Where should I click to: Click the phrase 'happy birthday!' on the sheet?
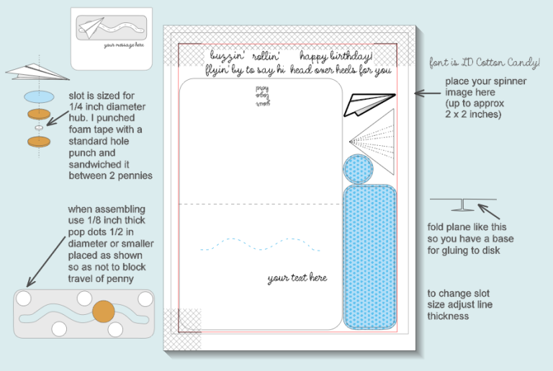point(336,56)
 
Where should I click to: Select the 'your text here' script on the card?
point(297,278)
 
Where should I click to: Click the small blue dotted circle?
point(358,169)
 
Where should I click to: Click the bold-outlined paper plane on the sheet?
point(369,104)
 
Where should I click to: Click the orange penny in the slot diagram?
point(104,312)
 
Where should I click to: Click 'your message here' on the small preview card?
point(124,45)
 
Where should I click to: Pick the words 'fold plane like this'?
point(461,228)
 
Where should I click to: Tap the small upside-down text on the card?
point(261,94)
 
